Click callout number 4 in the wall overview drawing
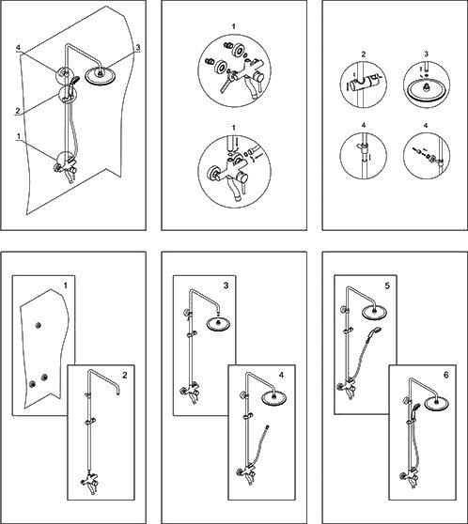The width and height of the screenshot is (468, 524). pos(19,48)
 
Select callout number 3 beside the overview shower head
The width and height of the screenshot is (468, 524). pos(138,48)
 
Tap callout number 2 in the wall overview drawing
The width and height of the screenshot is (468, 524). pos(18,111)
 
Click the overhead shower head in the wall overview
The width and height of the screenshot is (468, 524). pos(101,76)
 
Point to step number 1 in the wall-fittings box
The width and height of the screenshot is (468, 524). pos(66,285)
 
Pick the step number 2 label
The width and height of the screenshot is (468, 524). pos(125,376)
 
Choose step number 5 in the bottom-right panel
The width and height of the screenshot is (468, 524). pos(387,285)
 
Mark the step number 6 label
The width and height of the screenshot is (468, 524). pos(446,376)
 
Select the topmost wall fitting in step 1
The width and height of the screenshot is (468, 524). pos(39,325)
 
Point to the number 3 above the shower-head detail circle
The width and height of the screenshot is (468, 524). pos(427,54)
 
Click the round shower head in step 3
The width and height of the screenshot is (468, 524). pos(219,323)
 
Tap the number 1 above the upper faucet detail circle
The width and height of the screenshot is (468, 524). pos(233,26)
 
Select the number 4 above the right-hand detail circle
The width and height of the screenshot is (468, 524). pos(426,126)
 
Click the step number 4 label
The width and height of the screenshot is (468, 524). pos(281,376)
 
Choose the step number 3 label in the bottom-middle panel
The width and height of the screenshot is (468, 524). pos(226,285)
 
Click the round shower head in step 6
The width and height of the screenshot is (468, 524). pos(436,402)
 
